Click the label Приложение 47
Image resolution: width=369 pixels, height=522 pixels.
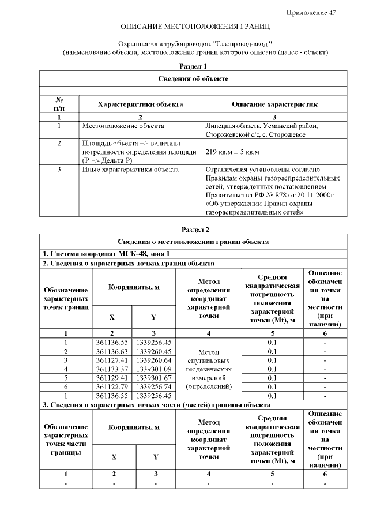coord(311,13)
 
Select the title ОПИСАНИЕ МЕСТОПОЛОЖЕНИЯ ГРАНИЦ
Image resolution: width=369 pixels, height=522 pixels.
coord(195,27)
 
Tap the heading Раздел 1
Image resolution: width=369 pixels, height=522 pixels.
coord(193,67)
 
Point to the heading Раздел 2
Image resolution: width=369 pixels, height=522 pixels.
coord(193,230)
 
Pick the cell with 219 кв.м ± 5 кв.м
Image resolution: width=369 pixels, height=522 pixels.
coord(233,152)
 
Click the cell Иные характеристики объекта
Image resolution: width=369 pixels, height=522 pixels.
coord(130,170)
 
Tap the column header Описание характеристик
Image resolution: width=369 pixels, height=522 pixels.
coord(274,104)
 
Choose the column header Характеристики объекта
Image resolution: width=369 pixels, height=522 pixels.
coord(141,104)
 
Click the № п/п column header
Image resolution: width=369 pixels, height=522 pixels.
coord(59,104)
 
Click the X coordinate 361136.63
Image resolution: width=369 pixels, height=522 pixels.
coord(112,351)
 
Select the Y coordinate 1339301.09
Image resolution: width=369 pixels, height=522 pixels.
coord(154,369)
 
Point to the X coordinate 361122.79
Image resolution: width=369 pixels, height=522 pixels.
coord(112,387)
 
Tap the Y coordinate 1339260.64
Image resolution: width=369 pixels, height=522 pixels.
coord(154,360)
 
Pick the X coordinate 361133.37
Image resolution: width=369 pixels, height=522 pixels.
coord(112,369)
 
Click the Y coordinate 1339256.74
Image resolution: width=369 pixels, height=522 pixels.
coord(154,387)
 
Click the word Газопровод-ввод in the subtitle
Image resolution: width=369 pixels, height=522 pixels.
coord(242,44)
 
